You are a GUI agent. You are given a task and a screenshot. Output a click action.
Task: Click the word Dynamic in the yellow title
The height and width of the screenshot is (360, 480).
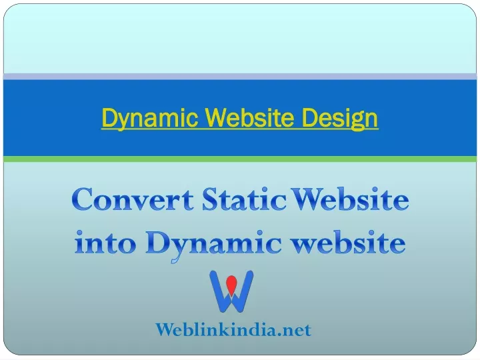tap(150, 118)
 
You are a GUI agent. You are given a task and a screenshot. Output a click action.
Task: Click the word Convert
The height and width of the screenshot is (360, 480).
tap(133, 199)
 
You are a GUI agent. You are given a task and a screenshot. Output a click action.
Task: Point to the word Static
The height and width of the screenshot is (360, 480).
tap(244, 199)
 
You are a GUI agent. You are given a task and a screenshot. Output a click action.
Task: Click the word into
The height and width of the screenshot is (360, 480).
tap(105, 243)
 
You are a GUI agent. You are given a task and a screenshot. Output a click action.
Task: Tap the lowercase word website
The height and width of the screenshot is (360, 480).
tap(348, 243)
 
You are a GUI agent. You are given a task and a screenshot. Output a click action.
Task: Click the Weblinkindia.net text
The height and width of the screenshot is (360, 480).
tap(233, 330)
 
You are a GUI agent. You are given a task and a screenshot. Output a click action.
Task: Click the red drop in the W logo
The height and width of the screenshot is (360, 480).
tap(231, 283)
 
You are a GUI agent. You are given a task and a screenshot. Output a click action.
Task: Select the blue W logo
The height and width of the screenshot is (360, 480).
tap(231, 291)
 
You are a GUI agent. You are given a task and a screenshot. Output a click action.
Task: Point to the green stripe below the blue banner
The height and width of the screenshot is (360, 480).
tap(240, 159)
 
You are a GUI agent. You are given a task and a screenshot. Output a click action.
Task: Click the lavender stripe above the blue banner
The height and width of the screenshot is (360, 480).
tap(240, 77)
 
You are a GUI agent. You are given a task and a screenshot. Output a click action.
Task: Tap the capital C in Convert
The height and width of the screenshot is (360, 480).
tap(82, 199)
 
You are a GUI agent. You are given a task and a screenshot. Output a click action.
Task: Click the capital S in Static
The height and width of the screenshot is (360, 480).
tap(210, 199)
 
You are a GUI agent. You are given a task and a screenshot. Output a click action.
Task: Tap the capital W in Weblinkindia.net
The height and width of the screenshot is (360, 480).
tap(165, 330)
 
